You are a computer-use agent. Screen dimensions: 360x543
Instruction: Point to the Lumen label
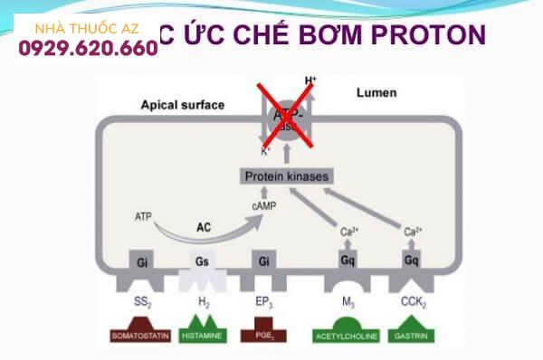[x=377, y=93]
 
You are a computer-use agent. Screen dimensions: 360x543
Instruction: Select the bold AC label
[x=205, y=228]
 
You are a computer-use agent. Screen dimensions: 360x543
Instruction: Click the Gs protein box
[x=200, y=261]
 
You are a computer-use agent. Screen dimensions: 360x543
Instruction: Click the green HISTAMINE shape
[x=200, y=333]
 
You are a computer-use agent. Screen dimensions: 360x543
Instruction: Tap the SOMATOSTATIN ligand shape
[x=140, y=334]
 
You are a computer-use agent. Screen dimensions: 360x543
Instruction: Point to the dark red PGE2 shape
[x=262, y=334]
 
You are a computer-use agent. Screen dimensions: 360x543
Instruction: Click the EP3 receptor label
[x=262, y=300]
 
